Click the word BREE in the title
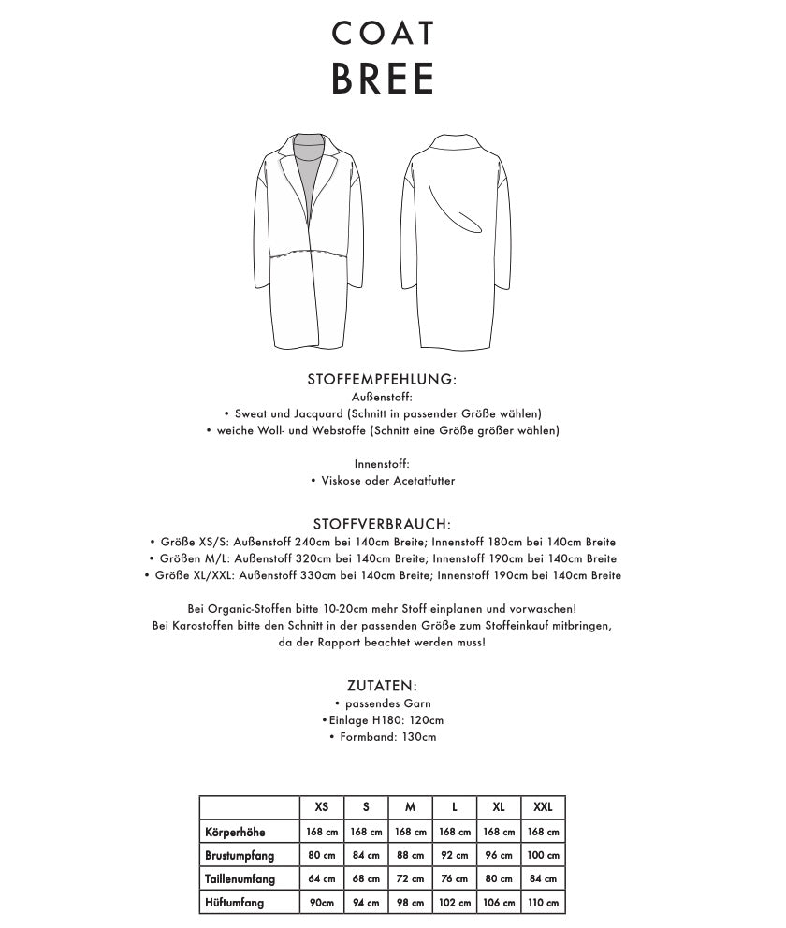click(383, 80)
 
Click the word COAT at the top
click(383, 34)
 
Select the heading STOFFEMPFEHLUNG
click(382, 380)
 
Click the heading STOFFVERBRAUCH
click(382, 524)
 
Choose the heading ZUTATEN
click(382, 686)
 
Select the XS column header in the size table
click(321, 807)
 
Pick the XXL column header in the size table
click(543, 807)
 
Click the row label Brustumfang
click(240, 855)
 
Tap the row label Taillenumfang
click(240, 879)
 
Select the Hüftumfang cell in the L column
click(454, 903)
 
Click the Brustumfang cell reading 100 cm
click(543, 855)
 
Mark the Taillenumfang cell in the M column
click(410, 879)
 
